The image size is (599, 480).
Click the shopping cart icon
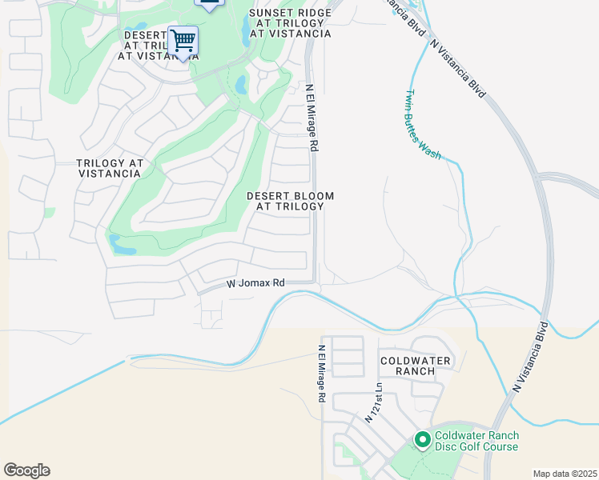183,39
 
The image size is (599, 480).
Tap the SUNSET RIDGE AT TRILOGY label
290,23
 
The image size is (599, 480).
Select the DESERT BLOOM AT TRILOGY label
290,201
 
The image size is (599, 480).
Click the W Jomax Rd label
255,283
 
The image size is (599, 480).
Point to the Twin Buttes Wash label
423,125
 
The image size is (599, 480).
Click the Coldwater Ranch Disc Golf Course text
476,441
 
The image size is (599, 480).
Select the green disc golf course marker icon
423,439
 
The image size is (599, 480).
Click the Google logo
26,470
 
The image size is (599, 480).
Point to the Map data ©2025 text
565,474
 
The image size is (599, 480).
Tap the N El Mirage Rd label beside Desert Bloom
313,118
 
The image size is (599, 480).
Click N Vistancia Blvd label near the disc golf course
529,357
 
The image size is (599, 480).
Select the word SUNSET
269,13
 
